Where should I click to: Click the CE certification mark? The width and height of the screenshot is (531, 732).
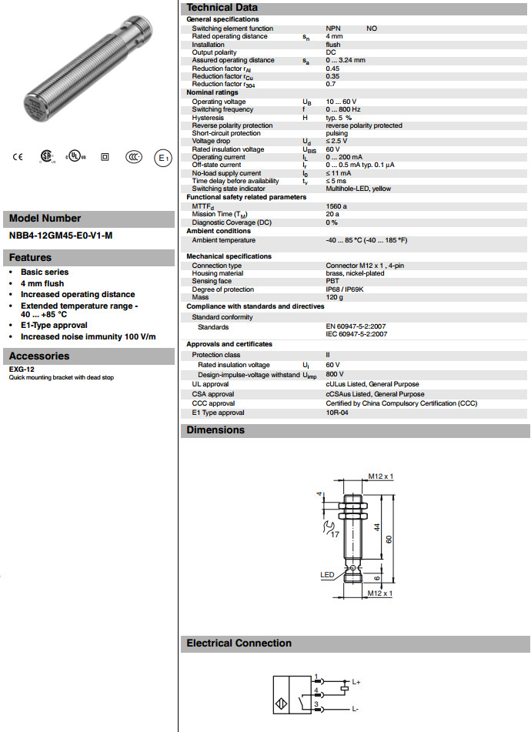[x=17, y=157]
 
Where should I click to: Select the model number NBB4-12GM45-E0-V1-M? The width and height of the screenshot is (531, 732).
[x=61, y=236]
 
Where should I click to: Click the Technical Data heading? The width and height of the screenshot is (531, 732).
[x=222, y=7]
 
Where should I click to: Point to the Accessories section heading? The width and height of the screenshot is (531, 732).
[x=39, y=356]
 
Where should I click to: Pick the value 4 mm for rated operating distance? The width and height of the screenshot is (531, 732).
[x=334, y=36]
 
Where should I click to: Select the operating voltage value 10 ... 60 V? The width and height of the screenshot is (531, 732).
[x=341, y=102]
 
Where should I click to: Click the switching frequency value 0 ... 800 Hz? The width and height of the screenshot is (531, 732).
[x=344, y=109]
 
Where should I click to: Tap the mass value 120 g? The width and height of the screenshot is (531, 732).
[x=334, y=297]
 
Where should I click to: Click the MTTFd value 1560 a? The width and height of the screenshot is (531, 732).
[x=336, y=206]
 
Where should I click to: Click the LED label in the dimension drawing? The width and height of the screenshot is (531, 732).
[x=328, y=574]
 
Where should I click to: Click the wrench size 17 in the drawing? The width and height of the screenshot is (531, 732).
[x=335, y=533]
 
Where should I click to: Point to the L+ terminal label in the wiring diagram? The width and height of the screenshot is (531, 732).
[x=356, y=682]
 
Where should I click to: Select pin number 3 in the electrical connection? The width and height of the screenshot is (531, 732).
[x=316, y=704]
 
